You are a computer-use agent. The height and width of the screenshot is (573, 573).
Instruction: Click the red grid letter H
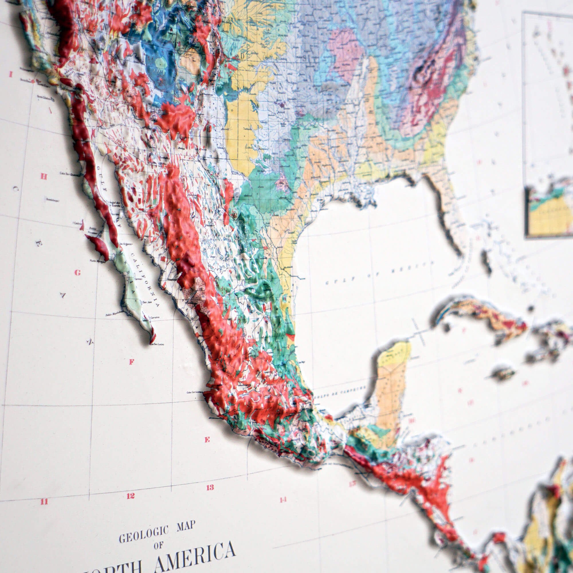coord(44,177)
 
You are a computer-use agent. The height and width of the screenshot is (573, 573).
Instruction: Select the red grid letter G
coord(77,272)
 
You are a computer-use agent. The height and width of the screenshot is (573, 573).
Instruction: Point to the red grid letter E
coord(207,439)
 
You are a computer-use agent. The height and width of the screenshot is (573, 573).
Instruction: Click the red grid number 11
coord(44,502)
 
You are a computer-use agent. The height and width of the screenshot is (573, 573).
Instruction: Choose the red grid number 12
coord(131,496)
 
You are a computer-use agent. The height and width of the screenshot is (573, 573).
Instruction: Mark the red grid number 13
coord(210,487)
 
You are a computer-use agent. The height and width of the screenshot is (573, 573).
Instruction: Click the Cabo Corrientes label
coord(193,393)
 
